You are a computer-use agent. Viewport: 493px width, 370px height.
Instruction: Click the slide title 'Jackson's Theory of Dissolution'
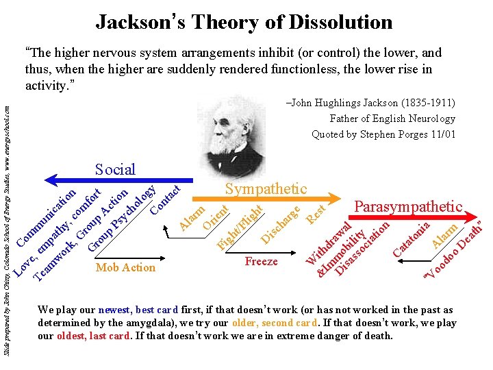244,22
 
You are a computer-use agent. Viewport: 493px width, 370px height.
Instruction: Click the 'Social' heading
115,169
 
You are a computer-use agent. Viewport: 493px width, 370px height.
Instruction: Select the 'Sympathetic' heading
266,188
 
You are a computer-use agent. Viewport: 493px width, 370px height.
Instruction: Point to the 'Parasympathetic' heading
407,206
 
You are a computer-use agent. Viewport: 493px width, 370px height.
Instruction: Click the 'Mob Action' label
125,267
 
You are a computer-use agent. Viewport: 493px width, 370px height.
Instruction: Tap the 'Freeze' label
261,261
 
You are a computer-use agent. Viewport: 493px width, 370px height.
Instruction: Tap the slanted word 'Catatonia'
412,238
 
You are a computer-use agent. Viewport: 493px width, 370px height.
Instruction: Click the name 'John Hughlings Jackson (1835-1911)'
370,103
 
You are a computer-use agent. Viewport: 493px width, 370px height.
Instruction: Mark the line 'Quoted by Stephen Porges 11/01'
383,134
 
